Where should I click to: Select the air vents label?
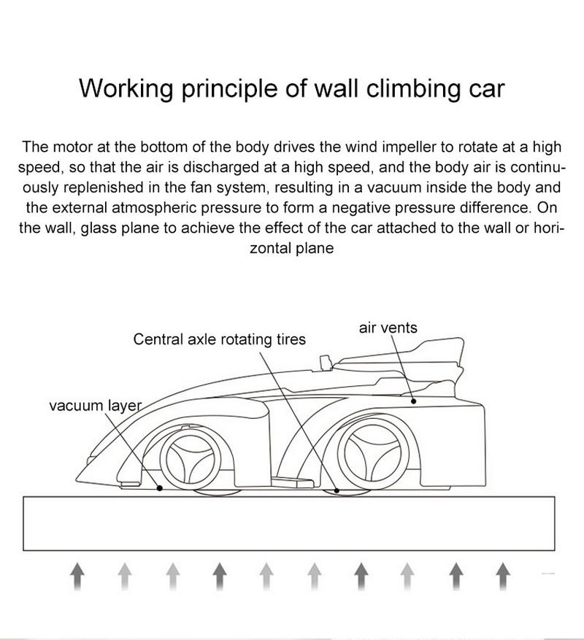point(388,328)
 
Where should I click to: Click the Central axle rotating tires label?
point(220,339)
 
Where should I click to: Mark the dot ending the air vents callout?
point(413,401)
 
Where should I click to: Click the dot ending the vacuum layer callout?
point(160,487)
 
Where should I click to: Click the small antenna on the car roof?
point(327,360)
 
